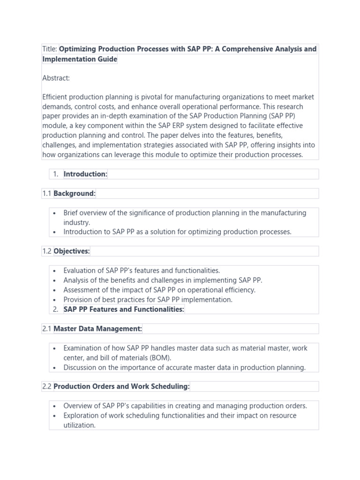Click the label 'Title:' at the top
tap(50, 49)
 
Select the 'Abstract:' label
tap(56, 78)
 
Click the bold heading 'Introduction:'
tap(85, 174)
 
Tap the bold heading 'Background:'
tap(75, 193)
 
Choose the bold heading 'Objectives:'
tap(71, 251)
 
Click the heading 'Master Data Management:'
tap(97, 329)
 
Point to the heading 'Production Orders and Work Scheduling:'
tap(121, 386)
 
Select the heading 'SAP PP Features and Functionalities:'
tap(124, 309)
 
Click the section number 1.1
tap(47, 193)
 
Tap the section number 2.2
tap(47, 386)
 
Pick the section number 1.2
tap(47, 251)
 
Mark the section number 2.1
tap(47, 329)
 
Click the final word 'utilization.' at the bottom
tap(80, 425)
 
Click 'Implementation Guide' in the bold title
tap(80, 59)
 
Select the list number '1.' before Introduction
tap(55, 174)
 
